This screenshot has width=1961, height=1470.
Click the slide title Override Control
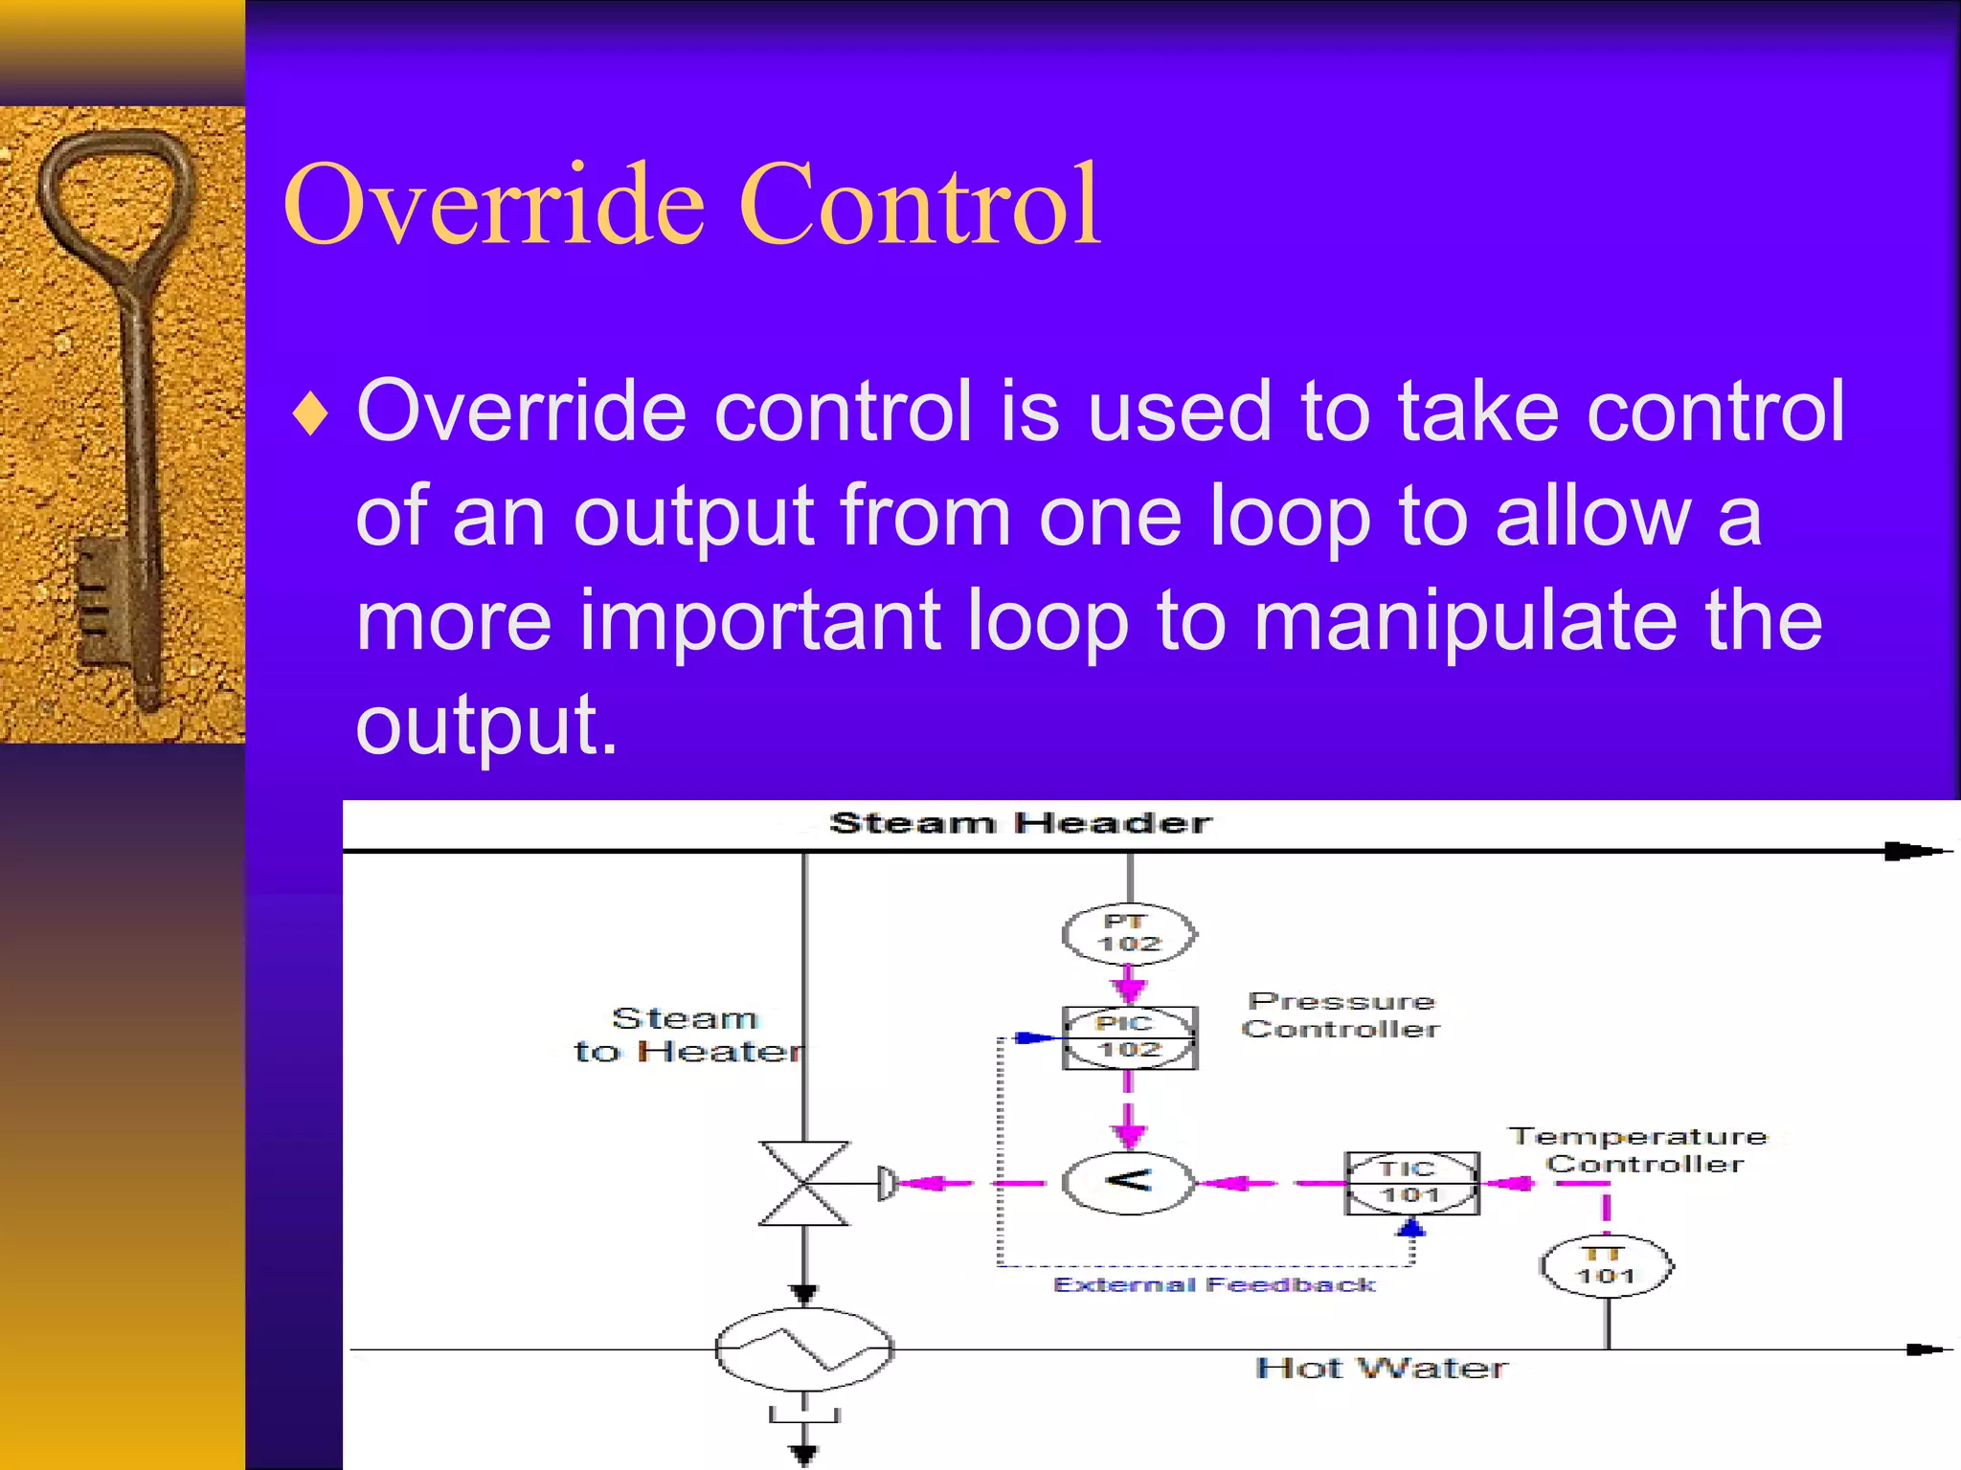point(691,205)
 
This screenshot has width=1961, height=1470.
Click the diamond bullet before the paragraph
point(311,415)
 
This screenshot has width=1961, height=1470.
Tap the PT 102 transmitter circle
point(1129,933)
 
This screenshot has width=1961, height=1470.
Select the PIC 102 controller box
point(1129,1037)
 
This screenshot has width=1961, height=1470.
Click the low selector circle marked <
point(1129,1183)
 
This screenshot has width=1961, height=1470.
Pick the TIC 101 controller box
point(1411,1183)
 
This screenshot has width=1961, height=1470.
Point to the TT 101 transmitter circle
point(1607,1265)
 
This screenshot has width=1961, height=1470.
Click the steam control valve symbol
point(803,1183)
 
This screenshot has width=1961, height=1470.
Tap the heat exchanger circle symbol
point(803,1348)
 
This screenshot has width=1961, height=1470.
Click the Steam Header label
point(1020,823)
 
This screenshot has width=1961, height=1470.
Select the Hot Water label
point(1381,1369)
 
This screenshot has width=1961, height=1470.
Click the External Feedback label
point(1213,1285)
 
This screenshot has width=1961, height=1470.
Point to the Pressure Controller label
point(1341,1015)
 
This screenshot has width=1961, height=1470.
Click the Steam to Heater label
point(687,1035)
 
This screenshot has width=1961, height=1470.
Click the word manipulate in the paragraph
point(1465,622)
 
